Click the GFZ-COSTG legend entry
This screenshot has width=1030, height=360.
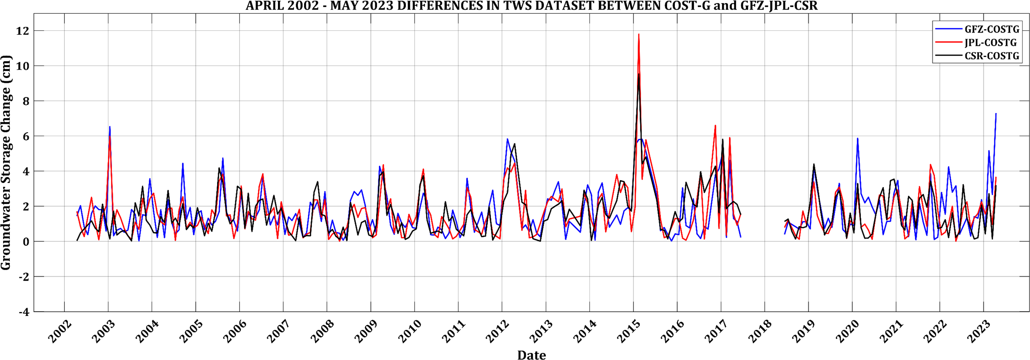992,30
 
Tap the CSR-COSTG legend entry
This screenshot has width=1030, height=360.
992,56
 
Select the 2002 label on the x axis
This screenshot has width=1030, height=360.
59,331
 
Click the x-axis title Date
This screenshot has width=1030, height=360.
531,355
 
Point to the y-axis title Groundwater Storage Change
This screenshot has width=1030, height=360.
6,163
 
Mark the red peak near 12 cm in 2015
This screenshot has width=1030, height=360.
639,34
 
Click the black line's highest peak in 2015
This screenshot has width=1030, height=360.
639,74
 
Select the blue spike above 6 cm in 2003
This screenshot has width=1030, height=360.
110,127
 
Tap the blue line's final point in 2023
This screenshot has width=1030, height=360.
996,114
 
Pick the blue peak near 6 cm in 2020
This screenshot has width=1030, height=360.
857,138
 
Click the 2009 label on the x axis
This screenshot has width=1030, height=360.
366,331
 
